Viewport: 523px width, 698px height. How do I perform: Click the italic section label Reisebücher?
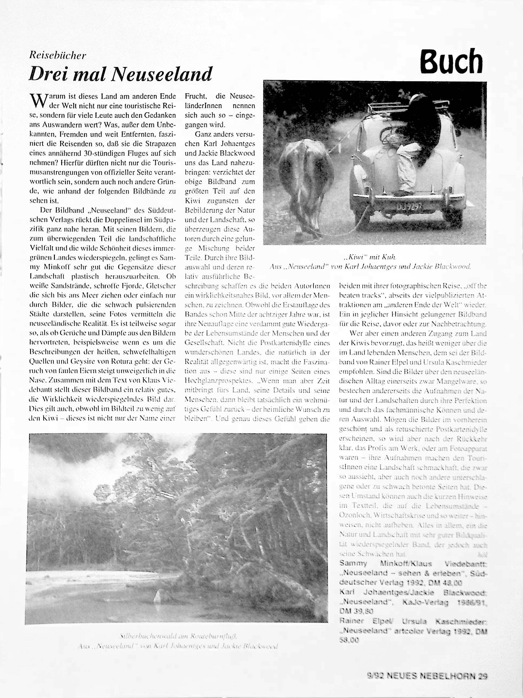57,56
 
